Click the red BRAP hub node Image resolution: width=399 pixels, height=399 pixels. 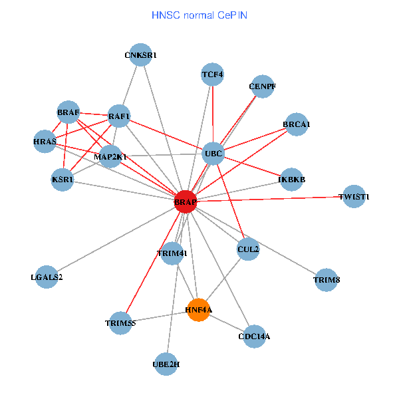(x=186, y=201)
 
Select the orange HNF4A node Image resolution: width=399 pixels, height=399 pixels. (x=199, y=310)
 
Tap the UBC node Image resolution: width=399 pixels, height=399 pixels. (x=213, y=154)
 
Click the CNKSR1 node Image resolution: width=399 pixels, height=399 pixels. (x=141, y=55)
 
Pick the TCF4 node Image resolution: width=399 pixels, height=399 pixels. (x=212, y=75)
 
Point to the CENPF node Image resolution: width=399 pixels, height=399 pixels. (x=263, y=86)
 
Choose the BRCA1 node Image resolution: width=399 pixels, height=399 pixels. (x=297, y=124)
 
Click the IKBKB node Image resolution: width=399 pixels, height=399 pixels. (x=291, y=180)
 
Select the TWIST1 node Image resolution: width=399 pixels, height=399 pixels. (x=354, y=197)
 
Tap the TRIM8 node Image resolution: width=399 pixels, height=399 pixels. (x=327, y=280)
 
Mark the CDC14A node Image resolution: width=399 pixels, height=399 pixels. (x=254, y=336)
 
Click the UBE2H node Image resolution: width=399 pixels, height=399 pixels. (x=166, y=364)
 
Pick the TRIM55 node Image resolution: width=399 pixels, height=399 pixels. (x=121, y=323)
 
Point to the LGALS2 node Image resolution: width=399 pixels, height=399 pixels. (x=47, y=277)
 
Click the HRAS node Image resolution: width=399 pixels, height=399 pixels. (x=45, y=142)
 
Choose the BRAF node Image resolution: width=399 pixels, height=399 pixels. (x=68, y=113)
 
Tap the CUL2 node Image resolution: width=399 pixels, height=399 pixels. (x=248, y=249)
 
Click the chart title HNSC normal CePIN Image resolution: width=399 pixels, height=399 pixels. (x=199, y=15)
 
